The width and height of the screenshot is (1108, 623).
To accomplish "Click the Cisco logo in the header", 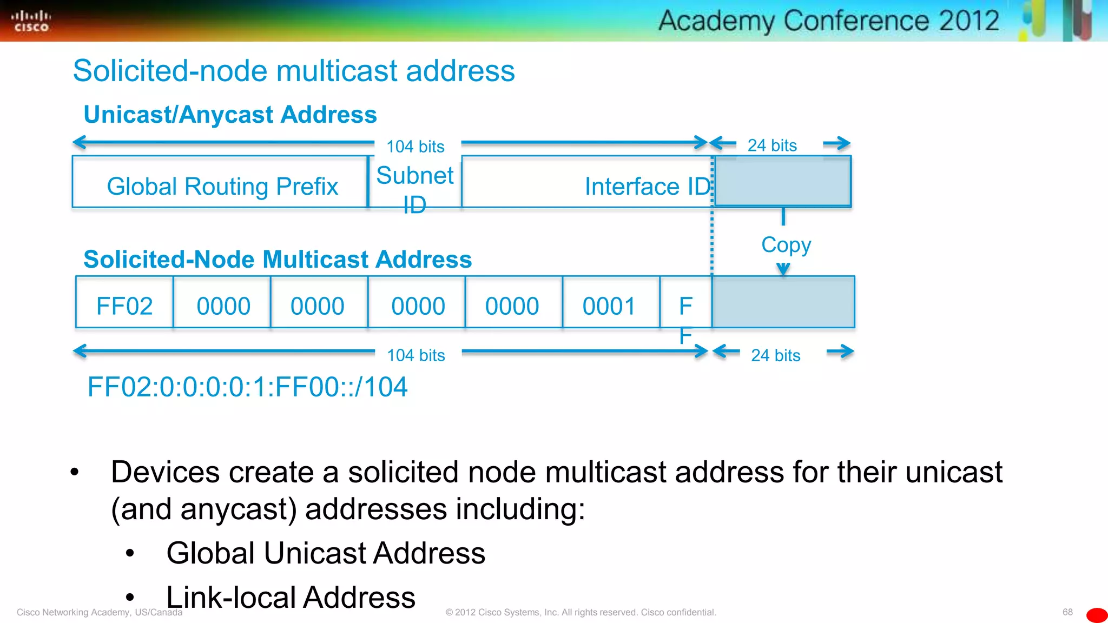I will click(31, 21).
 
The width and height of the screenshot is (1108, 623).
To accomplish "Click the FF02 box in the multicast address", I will click(124, 306).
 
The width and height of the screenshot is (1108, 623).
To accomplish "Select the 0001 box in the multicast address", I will click(609, 306).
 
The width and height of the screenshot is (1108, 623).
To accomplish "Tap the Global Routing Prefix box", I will click(222, 186).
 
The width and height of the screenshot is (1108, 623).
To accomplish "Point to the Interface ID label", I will click(647, 186).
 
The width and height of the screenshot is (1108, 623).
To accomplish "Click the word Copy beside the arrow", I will click(786, 244).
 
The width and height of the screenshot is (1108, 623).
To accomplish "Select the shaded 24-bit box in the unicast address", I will click(782, 182).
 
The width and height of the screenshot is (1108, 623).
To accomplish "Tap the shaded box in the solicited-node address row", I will click(783, 302).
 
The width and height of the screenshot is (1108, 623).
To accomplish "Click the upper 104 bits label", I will click(415, 146).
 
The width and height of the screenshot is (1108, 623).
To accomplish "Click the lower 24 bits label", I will click(775, 355).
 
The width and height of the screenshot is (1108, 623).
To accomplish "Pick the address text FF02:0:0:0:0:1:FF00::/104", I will click(247, 387).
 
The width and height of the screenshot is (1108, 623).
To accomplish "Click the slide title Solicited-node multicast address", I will click(294, 71).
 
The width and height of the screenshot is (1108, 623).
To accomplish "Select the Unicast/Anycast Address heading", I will click(230, 115).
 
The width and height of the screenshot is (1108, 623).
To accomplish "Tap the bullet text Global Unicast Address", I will click(326, 553).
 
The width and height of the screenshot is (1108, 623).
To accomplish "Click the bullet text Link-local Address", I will click(291, 597).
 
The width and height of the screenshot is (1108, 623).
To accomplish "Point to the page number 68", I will click(1067, 612).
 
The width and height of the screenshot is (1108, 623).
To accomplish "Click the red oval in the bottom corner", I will click(1097, 615).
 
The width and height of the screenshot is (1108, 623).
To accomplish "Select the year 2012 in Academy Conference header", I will click(968, 21).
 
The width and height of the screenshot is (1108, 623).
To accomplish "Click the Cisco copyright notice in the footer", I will click(581, 612).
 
